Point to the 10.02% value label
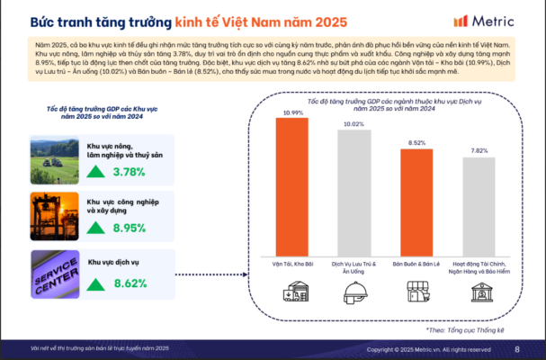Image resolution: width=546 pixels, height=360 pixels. (x=354, y=124)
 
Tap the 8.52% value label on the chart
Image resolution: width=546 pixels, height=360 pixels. (x=416, y=143)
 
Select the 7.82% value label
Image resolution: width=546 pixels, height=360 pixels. (x=479, y=151)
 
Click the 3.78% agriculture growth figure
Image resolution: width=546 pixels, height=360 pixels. (x=129, y=172)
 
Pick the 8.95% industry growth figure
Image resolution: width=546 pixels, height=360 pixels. (x=129, y=229)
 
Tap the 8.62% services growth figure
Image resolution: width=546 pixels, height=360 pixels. (x=129, y=283)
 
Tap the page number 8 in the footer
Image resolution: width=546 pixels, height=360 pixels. (x=516, y=349)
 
